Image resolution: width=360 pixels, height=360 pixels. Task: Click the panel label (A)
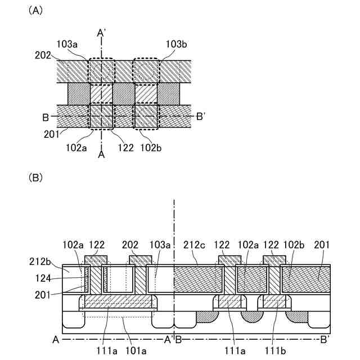[x=35, y=11]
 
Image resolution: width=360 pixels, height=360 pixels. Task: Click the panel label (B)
[x=35, y=178]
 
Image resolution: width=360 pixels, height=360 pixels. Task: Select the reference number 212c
[x=194, y=245]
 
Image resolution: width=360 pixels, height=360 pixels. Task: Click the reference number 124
[x=43, y=277]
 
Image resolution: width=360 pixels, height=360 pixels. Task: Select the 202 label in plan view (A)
[x=42, y=55]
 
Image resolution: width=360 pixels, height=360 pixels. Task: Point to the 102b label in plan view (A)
[x=151, y=148]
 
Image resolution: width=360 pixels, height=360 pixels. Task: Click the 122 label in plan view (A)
[x=127, y=148]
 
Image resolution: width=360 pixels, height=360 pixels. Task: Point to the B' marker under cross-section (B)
[x=325, y=340]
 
